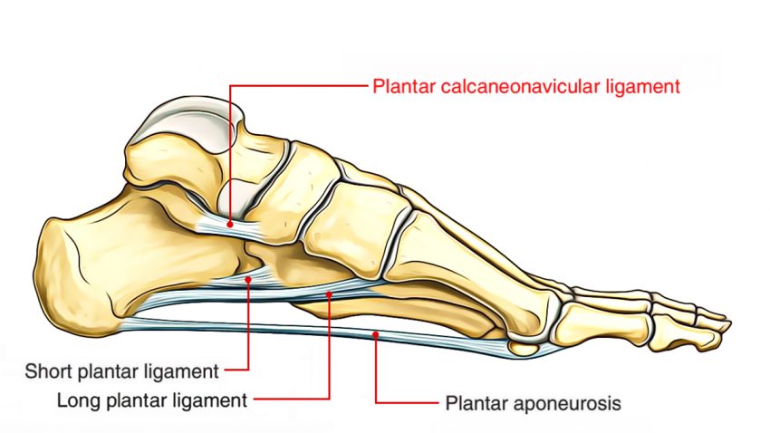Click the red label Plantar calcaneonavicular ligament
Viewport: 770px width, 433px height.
tap(526, 87)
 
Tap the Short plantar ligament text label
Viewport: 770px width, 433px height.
tap(121, 371)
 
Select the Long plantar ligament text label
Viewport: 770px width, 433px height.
tap(152, 400)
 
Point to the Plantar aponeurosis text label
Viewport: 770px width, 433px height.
tap(534, 403)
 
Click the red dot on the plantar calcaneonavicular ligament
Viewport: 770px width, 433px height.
tap(230, 224)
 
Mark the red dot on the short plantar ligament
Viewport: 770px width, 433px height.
tap(248, 279)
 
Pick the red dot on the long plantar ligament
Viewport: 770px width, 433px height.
tap(329, 294)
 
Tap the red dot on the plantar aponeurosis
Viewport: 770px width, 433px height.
tap(376, 334)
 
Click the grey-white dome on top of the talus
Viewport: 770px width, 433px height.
tap(186, 121)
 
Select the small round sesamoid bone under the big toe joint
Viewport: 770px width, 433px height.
tap(524, 348)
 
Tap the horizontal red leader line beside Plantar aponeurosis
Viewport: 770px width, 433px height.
tap(407, 403)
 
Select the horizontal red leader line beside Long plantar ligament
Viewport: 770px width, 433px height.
tap(292, 399)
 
